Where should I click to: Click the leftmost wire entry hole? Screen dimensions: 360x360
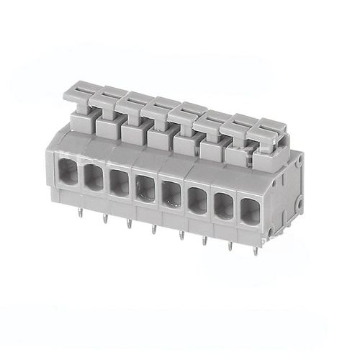point(68,173)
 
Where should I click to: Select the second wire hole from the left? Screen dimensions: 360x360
point(94,177)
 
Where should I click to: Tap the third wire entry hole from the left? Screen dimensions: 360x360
point(120,183)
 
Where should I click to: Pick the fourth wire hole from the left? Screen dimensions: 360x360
point(145,188)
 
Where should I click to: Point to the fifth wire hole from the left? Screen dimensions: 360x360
point(171,193)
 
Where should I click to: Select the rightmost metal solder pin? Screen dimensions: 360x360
point(256,251)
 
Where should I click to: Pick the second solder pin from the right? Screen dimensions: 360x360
point(230,246)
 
